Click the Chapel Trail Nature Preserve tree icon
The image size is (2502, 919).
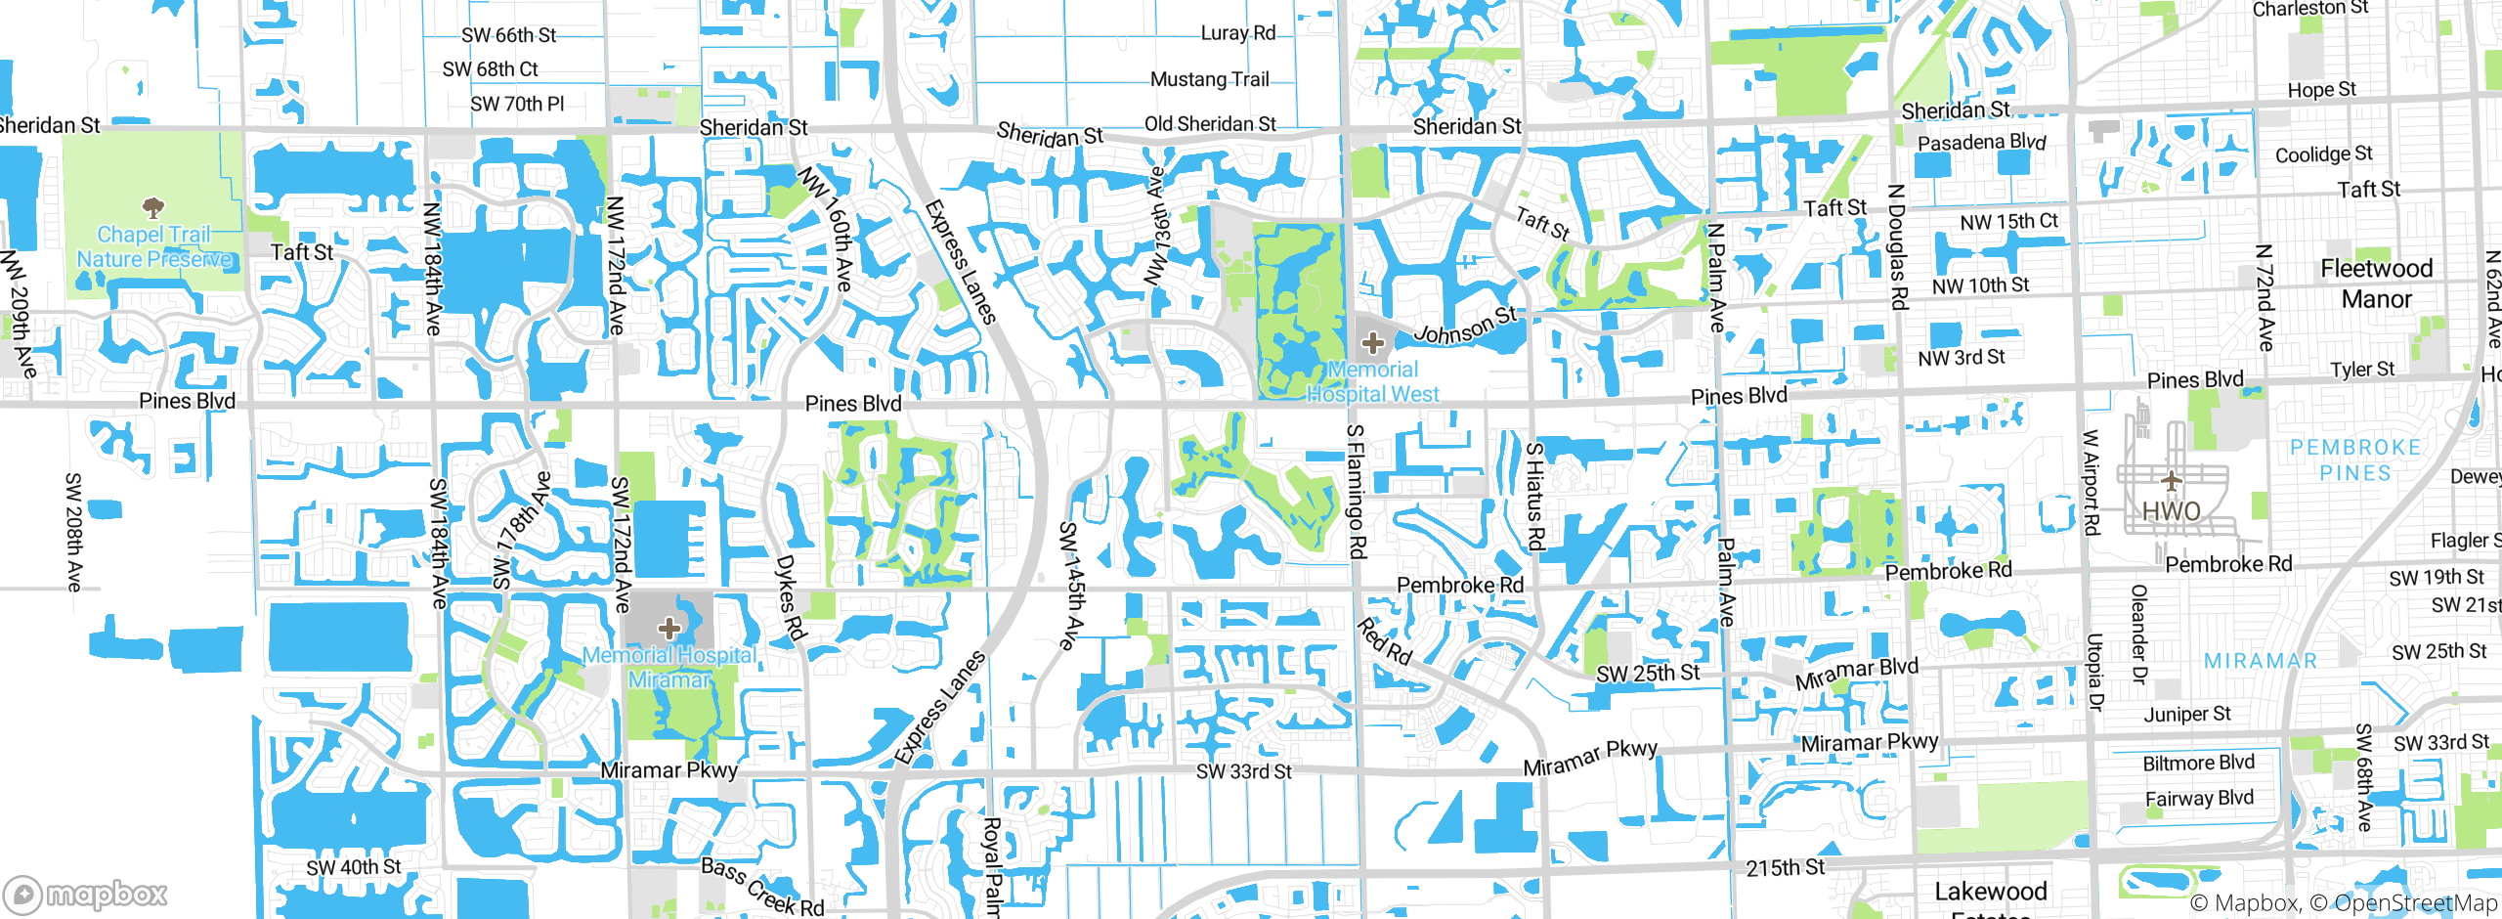point(153,207)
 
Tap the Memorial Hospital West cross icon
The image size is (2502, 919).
point(1373,342)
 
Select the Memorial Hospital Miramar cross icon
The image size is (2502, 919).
point(669,627)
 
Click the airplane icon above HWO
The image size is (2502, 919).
point(2172,480)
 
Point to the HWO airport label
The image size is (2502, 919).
point(2171,511)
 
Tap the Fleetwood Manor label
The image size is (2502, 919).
point(2376,284)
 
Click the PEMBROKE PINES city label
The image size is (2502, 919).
point(2354,460)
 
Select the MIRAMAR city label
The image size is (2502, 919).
point(2260,661)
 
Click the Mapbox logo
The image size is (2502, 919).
point(86,894)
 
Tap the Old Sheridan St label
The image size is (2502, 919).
point(1210,124)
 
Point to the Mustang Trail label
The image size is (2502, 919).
point(1209,79)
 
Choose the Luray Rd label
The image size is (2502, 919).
point(1237,33)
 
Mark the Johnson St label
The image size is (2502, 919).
point(1465,326)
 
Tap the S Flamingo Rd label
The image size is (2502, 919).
point(1356,492)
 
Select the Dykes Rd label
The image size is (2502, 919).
point(790,597)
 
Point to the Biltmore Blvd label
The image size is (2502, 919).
point(2198,763)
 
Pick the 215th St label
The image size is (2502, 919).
point(1785,867)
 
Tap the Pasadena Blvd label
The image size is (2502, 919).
point(1981,143)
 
